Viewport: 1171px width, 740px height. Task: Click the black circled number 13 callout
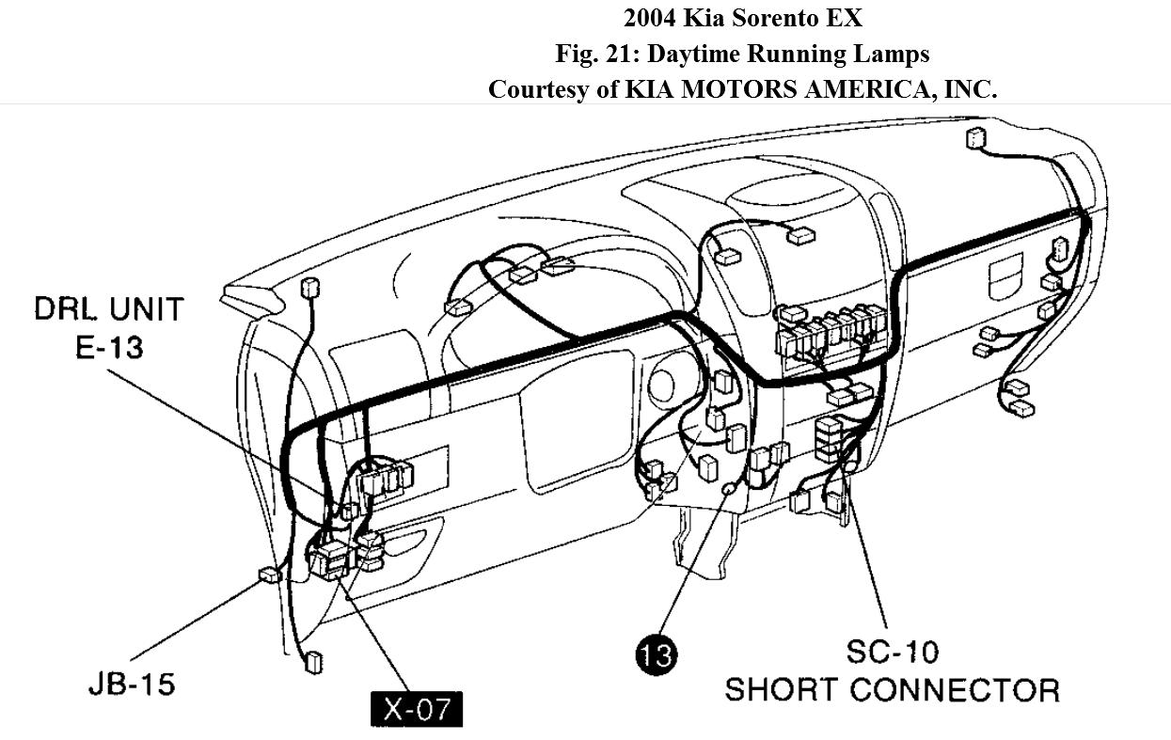(x=656, y=653)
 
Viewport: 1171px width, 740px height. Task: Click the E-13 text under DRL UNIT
(x=109, y=347)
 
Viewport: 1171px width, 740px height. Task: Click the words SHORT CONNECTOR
(x=892, y=690)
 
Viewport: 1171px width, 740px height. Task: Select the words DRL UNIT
(x=109, y=309)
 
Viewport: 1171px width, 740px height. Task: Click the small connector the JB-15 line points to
(x=269, y=575)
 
